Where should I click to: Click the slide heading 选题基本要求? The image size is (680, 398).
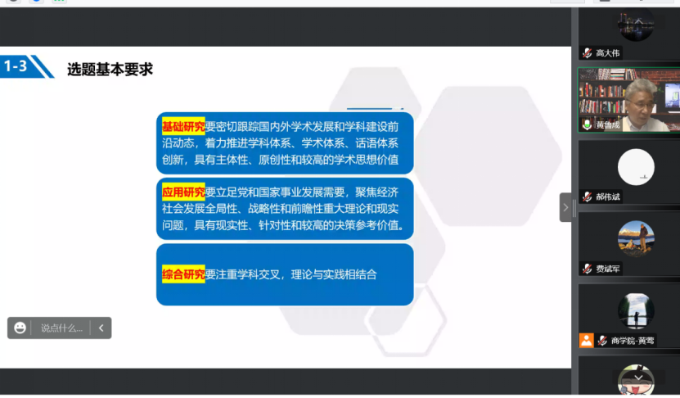tap(110, 70)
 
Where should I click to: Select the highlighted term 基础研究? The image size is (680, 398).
tap(183, 126)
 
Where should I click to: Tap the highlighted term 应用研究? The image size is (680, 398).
tap(183, 192)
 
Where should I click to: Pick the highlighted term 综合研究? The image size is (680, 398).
tap(183, 274)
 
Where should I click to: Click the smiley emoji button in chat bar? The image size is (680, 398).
tap(20, 328)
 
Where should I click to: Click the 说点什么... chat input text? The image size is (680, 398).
tap(61, 328)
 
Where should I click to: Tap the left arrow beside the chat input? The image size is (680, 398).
tap(101, 328)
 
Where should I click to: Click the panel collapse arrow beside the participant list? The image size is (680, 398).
tap(565, 207)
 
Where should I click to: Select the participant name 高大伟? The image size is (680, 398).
tap(608, 53)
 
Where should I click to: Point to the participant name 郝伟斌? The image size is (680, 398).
tap(608, 197)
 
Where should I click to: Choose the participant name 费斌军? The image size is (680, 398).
tap(608, 269)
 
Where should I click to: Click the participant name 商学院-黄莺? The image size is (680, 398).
tap(633, 341)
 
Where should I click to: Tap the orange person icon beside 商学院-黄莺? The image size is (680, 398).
tap(587, 341)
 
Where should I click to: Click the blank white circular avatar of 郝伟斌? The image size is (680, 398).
tap(636, 167)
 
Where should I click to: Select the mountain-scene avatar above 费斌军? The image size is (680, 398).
tap(636, 238)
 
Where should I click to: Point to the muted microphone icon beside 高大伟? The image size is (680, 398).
tap(588, 53)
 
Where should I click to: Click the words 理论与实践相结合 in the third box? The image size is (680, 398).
tap(334, 274)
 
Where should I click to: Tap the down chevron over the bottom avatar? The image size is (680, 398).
tap(638, 378)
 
